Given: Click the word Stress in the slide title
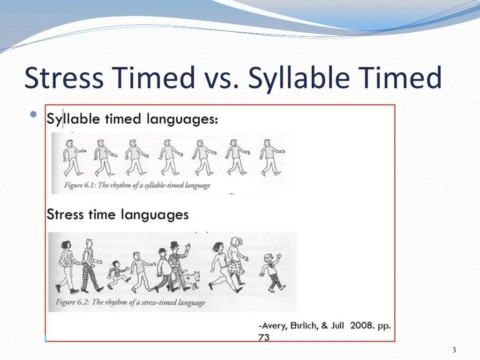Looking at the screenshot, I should (64, 78).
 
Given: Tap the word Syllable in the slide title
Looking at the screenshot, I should (299, 78).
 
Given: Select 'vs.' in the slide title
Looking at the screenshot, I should (220, 79).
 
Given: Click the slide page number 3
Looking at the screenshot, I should (454, 350).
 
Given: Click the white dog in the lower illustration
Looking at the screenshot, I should (191, 279).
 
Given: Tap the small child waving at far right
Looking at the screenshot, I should (271, 271).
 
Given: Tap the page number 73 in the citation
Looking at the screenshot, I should (264, 337).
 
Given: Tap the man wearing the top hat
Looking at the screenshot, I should (177, 267).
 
